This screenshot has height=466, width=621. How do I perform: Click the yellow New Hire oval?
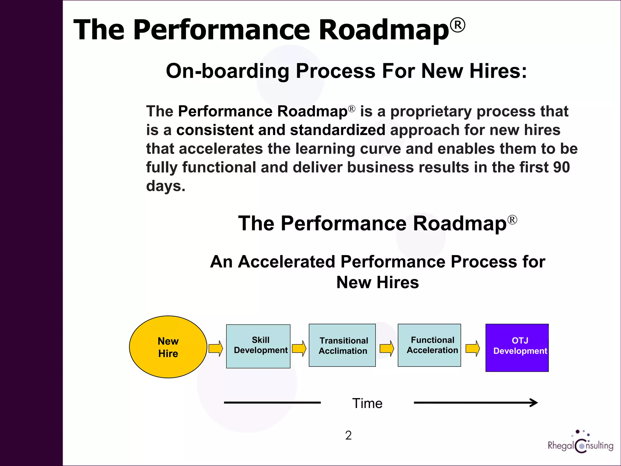pyautogui.click(x=168, y=347)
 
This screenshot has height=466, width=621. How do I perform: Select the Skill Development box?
pyautogui.click(x=258, y=346)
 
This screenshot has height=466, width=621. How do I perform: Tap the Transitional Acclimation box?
pyautogui.click(x=342, y=345)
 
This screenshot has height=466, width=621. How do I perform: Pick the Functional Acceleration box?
pyautogui.click(x=429, y=345)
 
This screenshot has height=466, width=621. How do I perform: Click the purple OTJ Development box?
pyautogui.click(x=517, y=348)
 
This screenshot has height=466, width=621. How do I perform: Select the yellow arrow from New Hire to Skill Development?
pyautogui.click(x=216, y=348)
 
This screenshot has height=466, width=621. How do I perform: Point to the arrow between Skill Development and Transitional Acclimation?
pyautogui.click(x=299, y=348)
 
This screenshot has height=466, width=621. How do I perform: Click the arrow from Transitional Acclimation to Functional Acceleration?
pyautogui.click(x=387, y=348)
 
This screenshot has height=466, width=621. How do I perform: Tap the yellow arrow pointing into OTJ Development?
pyautogui.click(x=473, y=348)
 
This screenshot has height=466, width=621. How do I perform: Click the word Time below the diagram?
pyautogui.click(x=367, y=404)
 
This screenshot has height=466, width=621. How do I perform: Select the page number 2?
pyautogui.click(x=348, y=435)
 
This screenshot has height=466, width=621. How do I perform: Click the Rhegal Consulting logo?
pyautogui.click(x=580, y=443)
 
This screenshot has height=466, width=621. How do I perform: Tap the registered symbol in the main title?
pyautogui.click(x=457, y=25)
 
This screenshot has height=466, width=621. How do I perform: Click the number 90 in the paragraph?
pyautogui.click(x=561, y=167)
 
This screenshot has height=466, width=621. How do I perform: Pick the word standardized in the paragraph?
pyautogui.click(x=337, y=130)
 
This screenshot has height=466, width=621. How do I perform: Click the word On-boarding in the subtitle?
pyautogui.click(x=227, y=71)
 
